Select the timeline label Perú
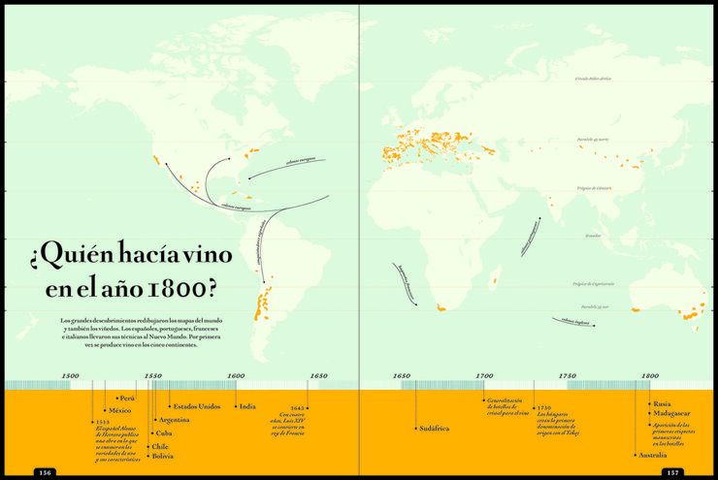[126, 398]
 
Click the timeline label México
[119, 411]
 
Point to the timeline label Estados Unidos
[196, 406]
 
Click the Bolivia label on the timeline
[162, 455]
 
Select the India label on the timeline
[247, 406]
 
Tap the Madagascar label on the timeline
[671, 413]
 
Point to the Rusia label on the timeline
[662, 403]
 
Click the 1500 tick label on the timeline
[70, 375]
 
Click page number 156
[45, 472]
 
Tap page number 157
[672, 472]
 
